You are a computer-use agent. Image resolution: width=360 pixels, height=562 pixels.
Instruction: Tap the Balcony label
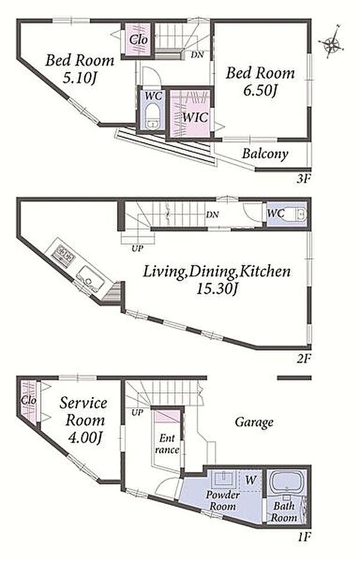[265, 154]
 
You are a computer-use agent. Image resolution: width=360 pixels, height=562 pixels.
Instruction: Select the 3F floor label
[303, 179]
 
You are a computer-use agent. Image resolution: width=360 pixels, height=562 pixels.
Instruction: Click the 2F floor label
[303, 358]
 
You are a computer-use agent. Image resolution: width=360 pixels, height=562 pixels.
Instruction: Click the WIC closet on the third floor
[190, 114]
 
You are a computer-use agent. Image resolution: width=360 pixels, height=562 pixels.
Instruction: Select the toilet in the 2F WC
[300, 214]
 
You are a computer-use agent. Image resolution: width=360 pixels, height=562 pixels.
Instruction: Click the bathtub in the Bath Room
[287, 482]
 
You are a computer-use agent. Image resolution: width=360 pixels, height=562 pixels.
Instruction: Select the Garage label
[254, 422]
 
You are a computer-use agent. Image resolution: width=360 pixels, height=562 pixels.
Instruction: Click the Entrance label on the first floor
[167, 444]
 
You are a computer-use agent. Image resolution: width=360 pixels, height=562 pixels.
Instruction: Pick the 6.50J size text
[260, 91]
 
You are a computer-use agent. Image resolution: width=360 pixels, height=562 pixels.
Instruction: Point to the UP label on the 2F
[137, 248]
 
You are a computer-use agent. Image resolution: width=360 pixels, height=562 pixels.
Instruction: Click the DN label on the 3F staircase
[197, 55]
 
